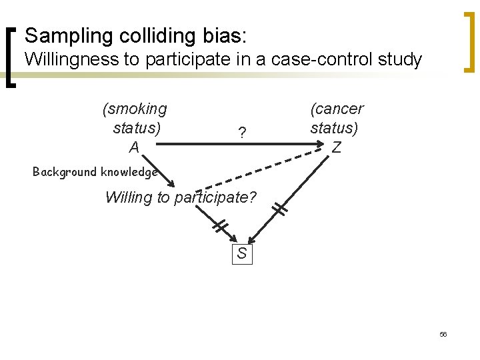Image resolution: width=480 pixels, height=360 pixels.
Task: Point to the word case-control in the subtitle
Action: (x=317, y=60)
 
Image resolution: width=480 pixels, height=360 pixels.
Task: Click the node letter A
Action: (x=134, y=147)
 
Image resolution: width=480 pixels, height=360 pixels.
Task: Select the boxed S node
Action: (x=242, y=253)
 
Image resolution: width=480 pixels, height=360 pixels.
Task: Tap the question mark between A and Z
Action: (x=242, y=133)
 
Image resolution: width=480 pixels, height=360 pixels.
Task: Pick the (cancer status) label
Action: (x=337, y=118)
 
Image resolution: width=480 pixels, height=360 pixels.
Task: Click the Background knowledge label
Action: (x=95, y=172)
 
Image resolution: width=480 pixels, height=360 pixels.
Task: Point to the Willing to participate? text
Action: (x=181, y=198)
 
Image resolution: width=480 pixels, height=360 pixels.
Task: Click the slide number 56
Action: (x=443, y=334)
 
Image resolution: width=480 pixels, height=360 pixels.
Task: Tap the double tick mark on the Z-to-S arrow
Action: (x=280, y=209)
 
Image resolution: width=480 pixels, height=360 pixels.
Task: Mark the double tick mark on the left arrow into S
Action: (x=221, y=227)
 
